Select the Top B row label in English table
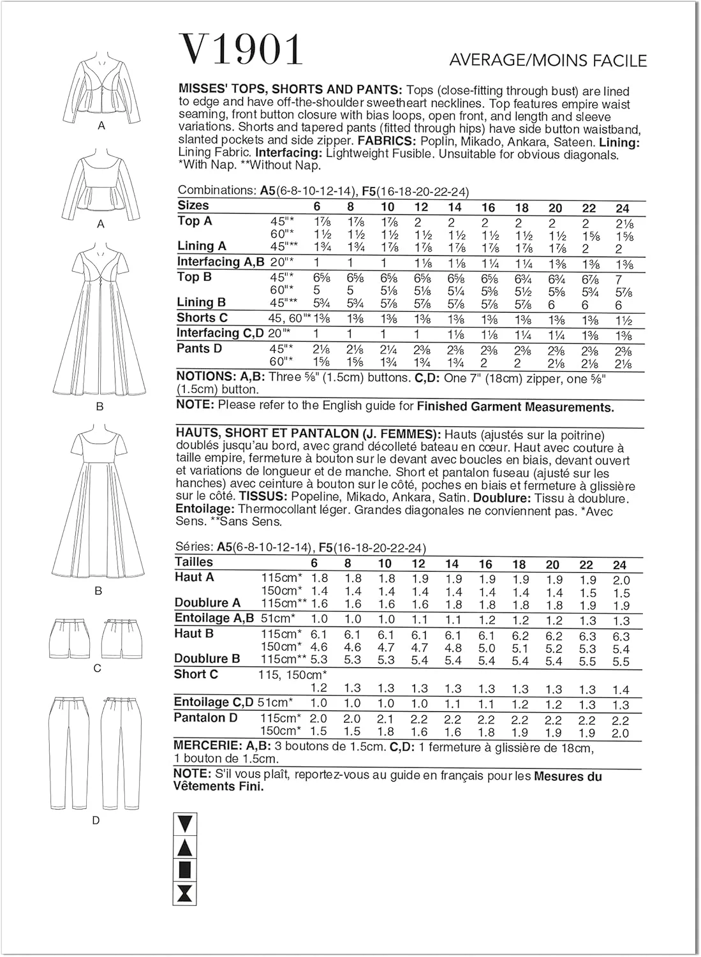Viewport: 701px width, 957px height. [x=195, y=277]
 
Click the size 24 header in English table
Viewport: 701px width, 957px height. [x=623, y=208]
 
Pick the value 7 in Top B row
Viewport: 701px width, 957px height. [x=618, y=280]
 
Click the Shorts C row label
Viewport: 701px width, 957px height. [x=202, y=318]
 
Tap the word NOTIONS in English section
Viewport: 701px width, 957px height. [x=205, y=376]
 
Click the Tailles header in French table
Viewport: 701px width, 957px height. [x=194, y=562]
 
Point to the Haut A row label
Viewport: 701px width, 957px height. [x=194, y=577]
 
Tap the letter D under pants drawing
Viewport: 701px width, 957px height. [x=96, y=820]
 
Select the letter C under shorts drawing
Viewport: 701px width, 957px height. [x=97, y=669]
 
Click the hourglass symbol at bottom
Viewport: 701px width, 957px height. [x=185, y=893]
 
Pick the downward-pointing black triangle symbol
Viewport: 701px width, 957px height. [x=185, y=824]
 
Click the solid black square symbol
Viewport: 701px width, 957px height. [x=185, y=870]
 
